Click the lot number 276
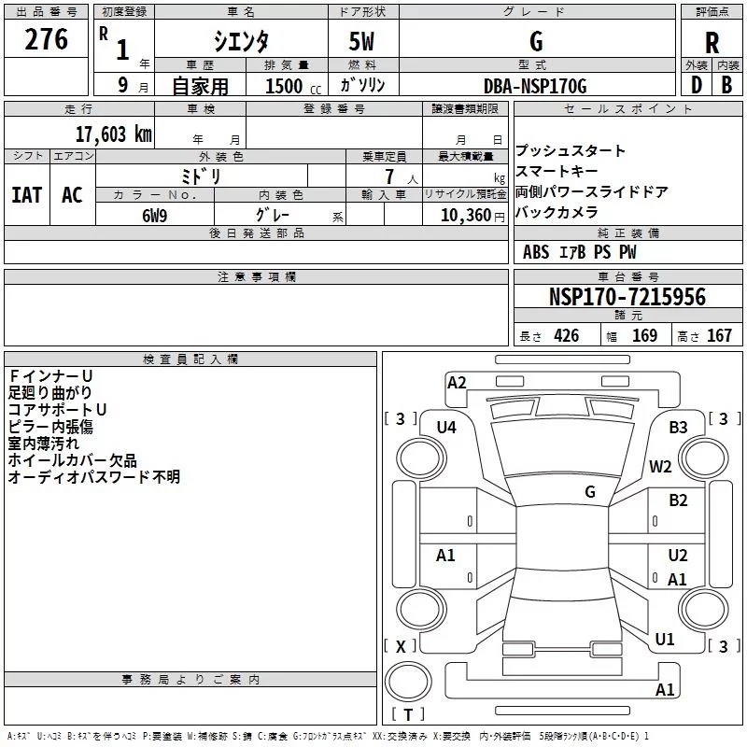click(x=46, y=40)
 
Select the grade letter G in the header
click(x=535, y=42)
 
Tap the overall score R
click(x=712, y=43)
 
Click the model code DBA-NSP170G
click(x=535, y=86)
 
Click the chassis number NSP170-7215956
click(x=627, y=297)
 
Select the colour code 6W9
click(x=154, y=214)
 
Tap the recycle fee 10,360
click(x=463, y=214)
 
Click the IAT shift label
click(x=26, y=195)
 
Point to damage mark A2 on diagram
click(x=457, y=382)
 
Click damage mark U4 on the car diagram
click(x=446, y=427)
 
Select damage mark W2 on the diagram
click(x=661, y=467)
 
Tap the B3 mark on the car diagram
click(x=678, y=427)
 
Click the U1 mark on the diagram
click(x=665, y=640)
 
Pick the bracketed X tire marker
click(x=402, y=646)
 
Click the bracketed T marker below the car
click(x=408, y=715)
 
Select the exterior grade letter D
click(x=696, y=85)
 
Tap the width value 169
click(x=644, y=336)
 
